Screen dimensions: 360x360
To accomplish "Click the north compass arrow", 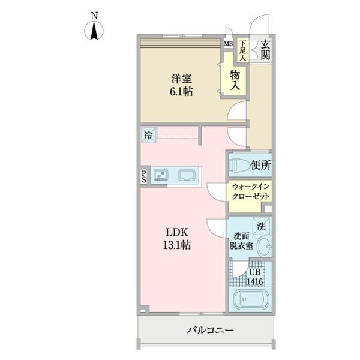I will [x=95, y=31].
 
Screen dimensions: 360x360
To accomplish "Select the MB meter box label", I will [x=229, y=43].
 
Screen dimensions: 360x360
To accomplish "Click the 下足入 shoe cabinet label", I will [x=243, y=50].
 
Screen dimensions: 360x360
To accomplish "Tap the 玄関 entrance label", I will [x=265, y=50].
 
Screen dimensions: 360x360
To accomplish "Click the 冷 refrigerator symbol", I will [x=148, y=135].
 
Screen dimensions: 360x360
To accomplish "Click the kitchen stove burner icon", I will [x=161, y=175].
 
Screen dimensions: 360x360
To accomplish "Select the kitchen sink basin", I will [x=186, y=176].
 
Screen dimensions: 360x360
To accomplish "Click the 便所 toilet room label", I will [x=262, y=164].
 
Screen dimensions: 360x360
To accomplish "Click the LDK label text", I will [x=178, y=232].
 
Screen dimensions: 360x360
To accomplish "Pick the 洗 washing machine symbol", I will [x=261, y=226].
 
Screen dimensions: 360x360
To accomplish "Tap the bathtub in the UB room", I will [x=249, y=300].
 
